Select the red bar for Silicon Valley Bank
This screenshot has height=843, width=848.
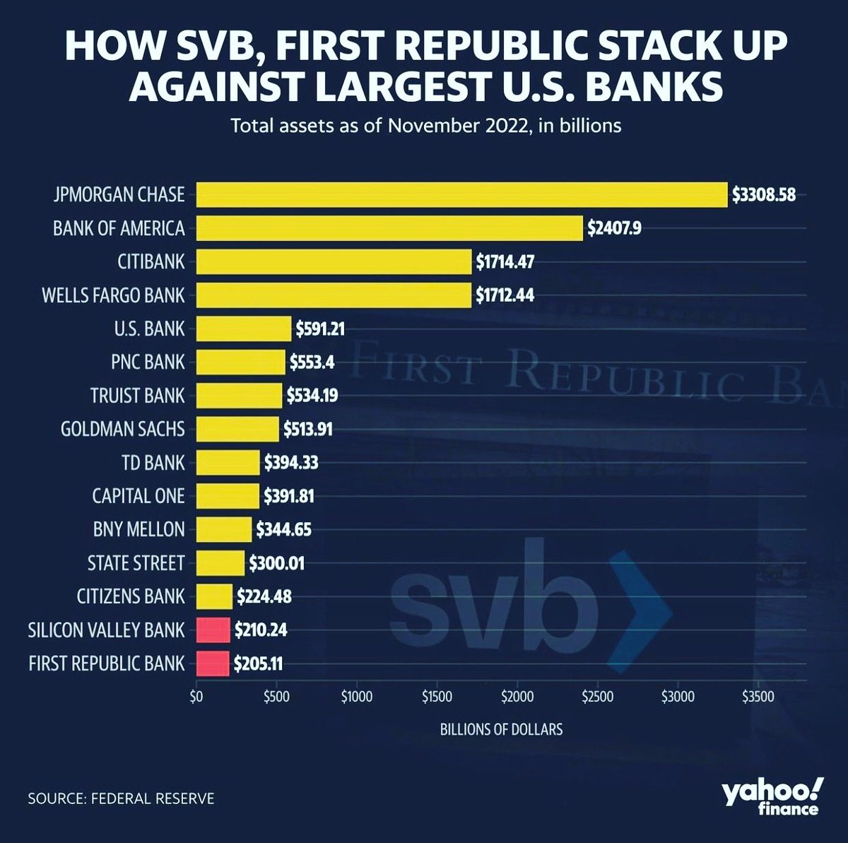point(213,630)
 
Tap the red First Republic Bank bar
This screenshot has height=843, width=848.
point(212,664)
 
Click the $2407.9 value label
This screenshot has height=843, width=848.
point(614,228)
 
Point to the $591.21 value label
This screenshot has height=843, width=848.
point(320,329)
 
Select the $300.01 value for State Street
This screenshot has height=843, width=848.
point(277,563)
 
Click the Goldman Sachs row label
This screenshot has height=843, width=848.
point(122,429)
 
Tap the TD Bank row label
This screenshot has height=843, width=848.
point(153,463)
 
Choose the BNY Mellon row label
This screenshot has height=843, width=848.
point(139,529)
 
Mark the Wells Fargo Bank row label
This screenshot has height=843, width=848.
point(113,295)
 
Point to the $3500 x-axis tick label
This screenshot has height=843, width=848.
point(758,697)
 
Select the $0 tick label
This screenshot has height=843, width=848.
point(196,697)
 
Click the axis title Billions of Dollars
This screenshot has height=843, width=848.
point(501,729)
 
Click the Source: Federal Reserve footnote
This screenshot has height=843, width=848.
point(121,799)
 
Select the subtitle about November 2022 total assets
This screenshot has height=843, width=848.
point(426,126)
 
